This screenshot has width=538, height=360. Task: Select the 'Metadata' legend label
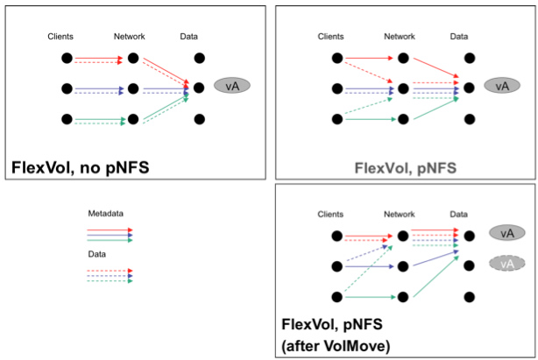106,214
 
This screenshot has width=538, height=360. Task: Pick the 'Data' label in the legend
96,254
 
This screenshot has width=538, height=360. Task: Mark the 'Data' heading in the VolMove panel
458,212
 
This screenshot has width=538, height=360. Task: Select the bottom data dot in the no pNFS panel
200,119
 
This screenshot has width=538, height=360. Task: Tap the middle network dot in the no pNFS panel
132,88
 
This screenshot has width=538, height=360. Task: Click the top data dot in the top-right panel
469,58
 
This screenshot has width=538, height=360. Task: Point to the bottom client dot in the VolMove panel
335,297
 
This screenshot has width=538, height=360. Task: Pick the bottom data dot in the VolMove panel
469,297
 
